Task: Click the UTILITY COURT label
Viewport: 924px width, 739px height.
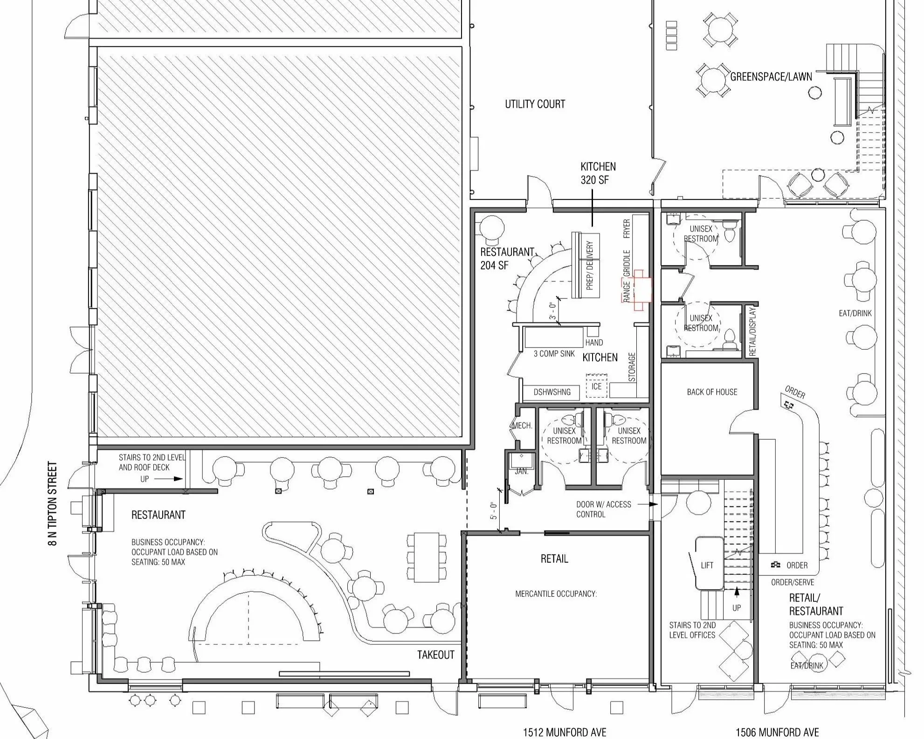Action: pos(535,104)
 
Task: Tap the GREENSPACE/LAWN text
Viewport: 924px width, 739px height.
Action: pos(771,76)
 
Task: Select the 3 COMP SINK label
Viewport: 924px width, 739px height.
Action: pos(554,353)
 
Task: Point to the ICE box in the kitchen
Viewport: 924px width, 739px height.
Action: pos(597,386)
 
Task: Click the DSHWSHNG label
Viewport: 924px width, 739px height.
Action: pos(552,392)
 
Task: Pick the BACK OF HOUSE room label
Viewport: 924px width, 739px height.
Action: pos(712,392)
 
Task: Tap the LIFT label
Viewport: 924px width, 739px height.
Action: pos(707,565)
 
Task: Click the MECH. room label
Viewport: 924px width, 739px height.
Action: pos(522,426)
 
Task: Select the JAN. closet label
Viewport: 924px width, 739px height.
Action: pos(521,471)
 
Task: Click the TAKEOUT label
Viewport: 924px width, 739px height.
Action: pos(435,655)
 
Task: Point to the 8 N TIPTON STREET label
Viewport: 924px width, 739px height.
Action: pos(53,504)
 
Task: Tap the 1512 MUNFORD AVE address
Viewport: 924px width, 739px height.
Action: pos(565,732)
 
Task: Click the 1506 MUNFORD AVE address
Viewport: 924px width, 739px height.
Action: pos(777,732)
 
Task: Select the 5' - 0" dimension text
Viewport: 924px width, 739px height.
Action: pos(494,511)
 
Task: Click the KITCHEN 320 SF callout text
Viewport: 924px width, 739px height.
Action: pos(598,173)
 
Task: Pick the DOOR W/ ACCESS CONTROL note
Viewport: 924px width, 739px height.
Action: pos(604,509)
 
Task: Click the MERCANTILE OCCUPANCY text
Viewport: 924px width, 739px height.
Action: pos(556,594)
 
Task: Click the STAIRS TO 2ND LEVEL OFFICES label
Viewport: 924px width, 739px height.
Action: pos(692,630)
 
